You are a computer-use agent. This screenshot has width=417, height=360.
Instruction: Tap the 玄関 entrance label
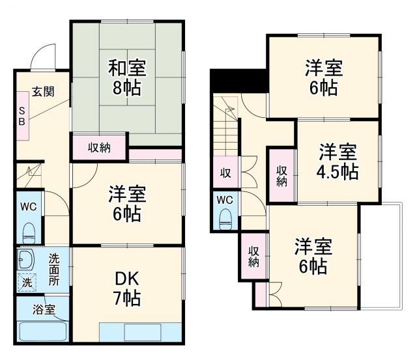click(x=44, y=90)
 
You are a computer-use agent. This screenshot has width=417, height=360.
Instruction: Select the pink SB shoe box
click(x=22, y=116)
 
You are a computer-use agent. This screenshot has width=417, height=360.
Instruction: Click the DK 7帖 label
click(x=126, y=288)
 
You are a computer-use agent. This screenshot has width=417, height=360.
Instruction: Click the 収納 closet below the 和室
click(x=99, y=147)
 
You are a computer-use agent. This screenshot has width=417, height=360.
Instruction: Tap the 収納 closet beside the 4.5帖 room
click(x=281, y=176)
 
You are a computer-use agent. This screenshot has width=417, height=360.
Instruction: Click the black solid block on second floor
click(x=238, y=81)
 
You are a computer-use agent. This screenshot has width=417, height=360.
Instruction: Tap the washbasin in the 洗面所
click(x=26, y=260)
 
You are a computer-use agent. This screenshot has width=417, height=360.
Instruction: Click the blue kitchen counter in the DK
click(x=139, y=331)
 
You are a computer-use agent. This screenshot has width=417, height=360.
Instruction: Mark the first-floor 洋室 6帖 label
click(x=126, y=204)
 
